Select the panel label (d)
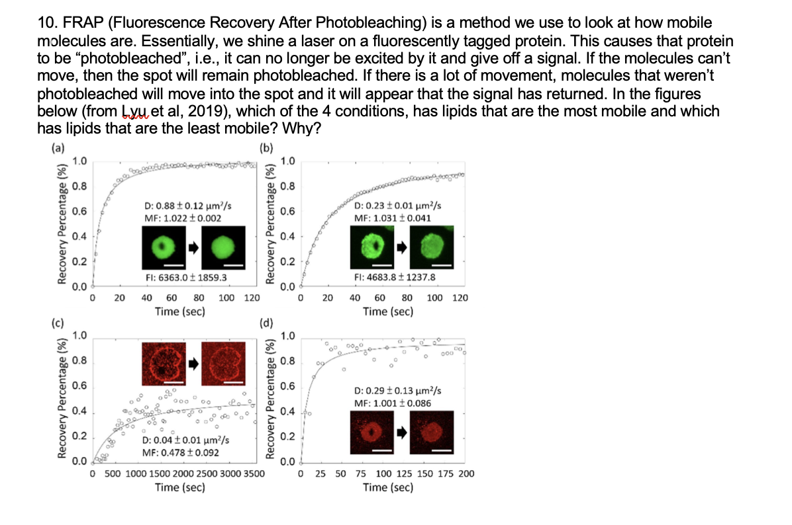[x=266, y=323]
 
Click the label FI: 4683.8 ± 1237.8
[x=395, y=278]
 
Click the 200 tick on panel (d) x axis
[x=466, y=474]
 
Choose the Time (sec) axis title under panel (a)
[x=179, y=311]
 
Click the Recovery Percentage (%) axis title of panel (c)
[x=63, y=397]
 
